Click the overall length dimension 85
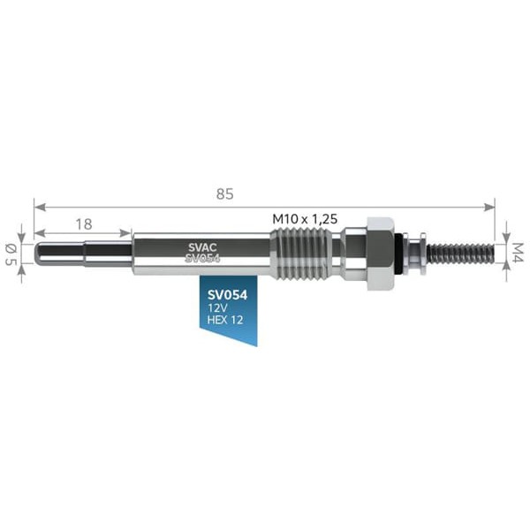224,194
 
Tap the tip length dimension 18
84,224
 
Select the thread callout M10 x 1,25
305,219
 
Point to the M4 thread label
518,252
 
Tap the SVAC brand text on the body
202,247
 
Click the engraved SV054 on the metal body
202,258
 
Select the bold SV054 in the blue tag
228,295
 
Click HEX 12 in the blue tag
225,320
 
